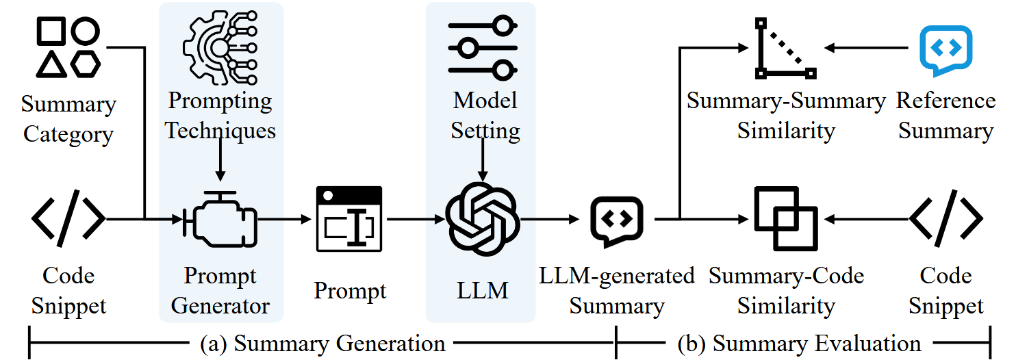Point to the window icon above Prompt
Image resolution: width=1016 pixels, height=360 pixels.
tap(348, 219)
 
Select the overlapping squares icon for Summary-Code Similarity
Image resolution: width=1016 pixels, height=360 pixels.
tap(785, 219)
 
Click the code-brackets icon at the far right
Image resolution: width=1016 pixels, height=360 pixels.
tap(945, 219)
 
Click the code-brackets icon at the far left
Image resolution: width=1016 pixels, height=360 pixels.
tap(68, 219)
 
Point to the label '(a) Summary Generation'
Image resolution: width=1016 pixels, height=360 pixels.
tap(322, 343)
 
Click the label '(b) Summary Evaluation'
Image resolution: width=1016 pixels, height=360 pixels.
tap(799, 343)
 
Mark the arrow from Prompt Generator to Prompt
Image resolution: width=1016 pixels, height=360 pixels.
tap(283, 220)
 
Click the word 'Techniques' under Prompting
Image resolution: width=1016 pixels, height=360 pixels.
tap(220, 130)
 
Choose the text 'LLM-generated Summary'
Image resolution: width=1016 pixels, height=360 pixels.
tap(617, 291)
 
